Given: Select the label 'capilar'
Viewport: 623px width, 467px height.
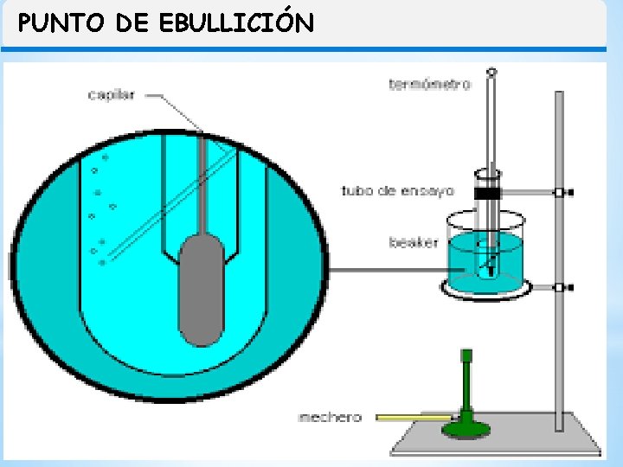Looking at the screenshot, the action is pos(111,94).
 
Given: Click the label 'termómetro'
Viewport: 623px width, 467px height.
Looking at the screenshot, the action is pos(429,84).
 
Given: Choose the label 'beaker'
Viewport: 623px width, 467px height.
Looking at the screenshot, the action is pos(414,243).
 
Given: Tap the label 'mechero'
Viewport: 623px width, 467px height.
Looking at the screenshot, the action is pos(329,418).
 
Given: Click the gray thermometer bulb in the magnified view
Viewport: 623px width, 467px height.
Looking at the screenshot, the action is pos(201,290).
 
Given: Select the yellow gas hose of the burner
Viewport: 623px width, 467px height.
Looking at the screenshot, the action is pos(411,418).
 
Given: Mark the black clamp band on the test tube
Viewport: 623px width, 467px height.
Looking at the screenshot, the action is pos(490,193).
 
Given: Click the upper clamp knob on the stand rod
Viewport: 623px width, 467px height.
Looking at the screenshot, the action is pos(564,192).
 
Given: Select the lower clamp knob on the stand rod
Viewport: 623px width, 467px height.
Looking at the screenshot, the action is pos(564,287).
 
